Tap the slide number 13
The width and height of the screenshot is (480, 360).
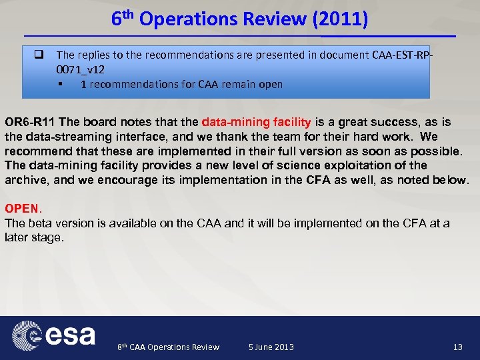tap(457, 347)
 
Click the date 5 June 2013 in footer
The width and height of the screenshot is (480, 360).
tap(271, 347)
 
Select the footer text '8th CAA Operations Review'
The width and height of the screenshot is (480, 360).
tap(168, 347)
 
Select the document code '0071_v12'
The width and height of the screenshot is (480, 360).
tap(80, 69)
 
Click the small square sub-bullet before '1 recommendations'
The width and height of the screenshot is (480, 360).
tap(61, 85)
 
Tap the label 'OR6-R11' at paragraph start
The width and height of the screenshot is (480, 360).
tap(31, 123)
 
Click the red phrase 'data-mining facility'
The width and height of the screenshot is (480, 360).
tap(256, 123)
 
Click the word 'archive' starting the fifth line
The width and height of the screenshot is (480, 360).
tap(23, 180)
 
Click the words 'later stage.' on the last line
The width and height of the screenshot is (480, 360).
tap(34, 237)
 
